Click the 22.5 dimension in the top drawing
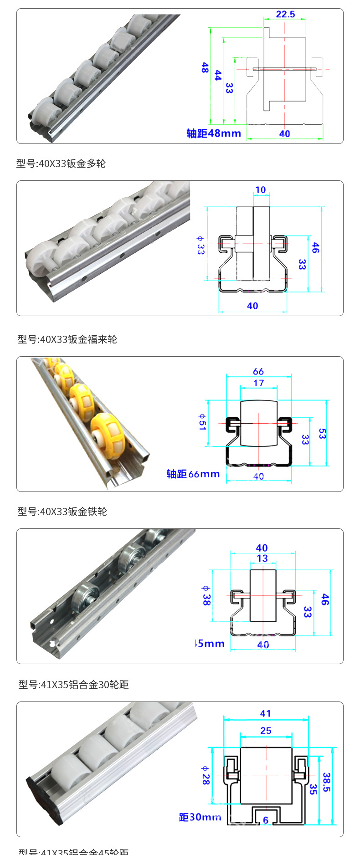click(x=285, y=15)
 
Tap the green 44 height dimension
click(x=218, y=75)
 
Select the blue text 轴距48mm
click(x=213, y=133)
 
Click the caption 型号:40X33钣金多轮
click(x=61, y=164)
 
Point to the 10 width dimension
click(x=260, y=190)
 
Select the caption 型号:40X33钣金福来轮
click(x=67, y=339)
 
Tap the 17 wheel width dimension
click(x=259, y=383)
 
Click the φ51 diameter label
click(x=202, y=422)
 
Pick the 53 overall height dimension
click(x=322, y=433)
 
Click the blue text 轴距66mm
click(x=193, y=474)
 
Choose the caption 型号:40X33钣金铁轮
click(x=62, y=512)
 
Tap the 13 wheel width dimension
click(x=262, y=558)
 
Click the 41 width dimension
click(x=265, y=713)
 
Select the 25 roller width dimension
click(x=266, y=731)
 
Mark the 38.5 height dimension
click(x=326, y=782)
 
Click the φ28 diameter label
click(x=205, y=775)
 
